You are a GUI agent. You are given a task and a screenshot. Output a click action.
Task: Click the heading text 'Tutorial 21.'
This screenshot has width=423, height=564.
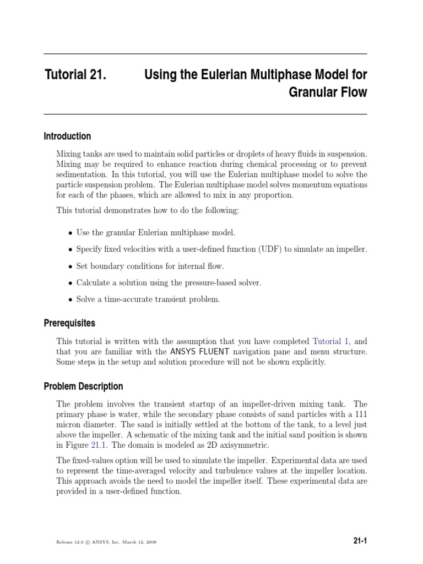[x=75, y=75]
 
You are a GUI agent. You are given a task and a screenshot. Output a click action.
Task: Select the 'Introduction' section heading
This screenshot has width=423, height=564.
[x=67, y=136]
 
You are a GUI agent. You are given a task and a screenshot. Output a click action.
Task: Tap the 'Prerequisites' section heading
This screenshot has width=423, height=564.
[x=69, y=323]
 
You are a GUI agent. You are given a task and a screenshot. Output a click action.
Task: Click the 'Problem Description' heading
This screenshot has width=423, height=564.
[x=83, y=386]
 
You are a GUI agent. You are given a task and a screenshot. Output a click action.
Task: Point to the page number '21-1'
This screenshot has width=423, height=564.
[x=360, y=541]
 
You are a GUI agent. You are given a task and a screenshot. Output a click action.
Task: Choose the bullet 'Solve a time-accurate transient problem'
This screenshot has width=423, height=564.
[x=148, y=299]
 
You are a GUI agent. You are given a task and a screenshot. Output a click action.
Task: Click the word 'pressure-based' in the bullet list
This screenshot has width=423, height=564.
[x=213, y=283]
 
